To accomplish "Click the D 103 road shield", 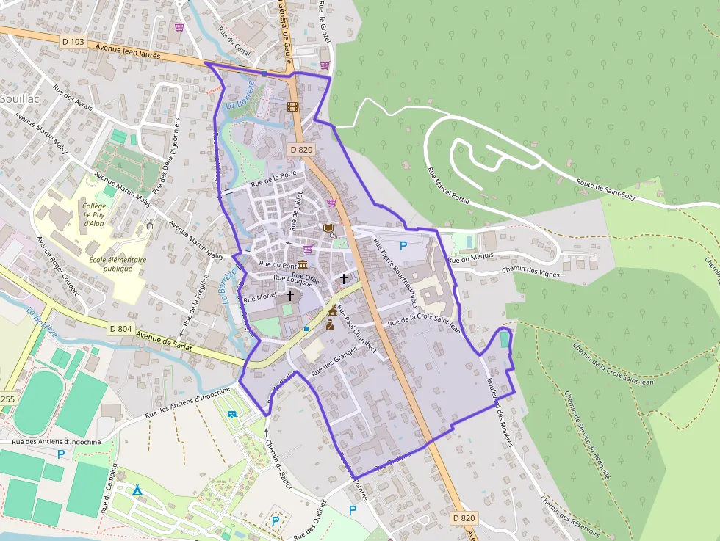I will (x=73, y=42).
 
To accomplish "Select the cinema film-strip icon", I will (x=293, y=107).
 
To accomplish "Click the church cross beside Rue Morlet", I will (x=290, y=295).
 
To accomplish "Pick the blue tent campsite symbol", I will (x=137, y=490).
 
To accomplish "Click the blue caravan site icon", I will (x=232, y=415).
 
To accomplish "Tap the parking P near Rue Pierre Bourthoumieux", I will (x=403, y=246).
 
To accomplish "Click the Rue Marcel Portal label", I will (x=448, y=185).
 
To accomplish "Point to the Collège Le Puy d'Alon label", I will (x=94, y=214).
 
